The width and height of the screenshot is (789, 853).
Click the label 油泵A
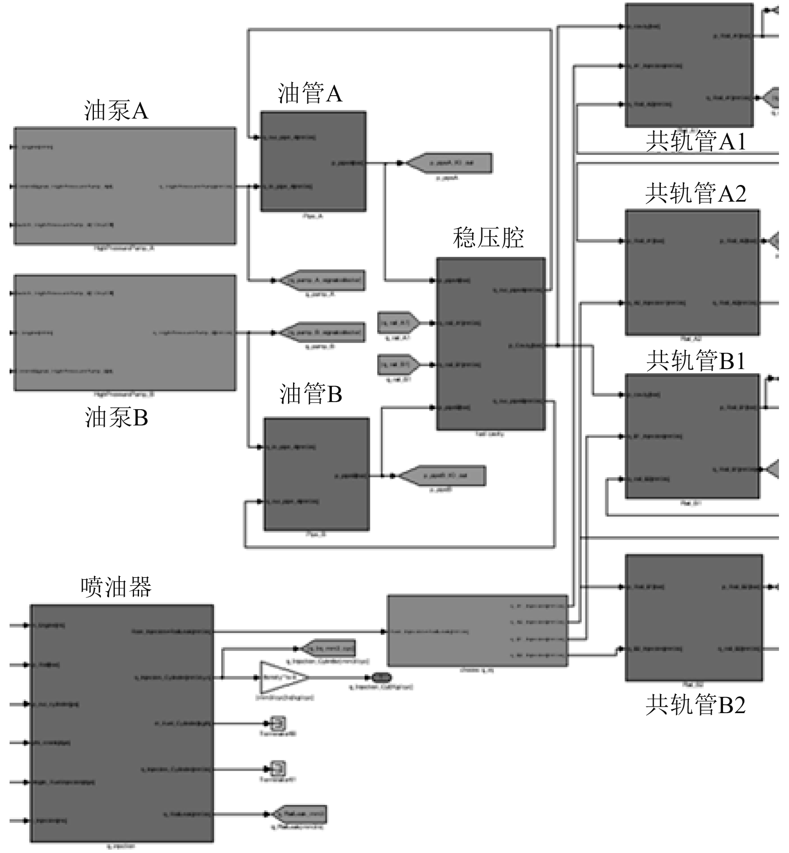(116, 111)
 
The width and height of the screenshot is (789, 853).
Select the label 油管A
(310, 93)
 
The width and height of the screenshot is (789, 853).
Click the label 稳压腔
(488, 238)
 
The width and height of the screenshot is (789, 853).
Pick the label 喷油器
(116, 587)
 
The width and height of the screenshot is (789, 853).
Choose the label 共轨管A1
(695, 141)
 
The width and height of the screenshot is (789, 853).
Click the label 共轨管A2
(695, 193)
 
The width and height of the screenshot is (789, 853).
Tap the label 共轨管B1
(695, 361)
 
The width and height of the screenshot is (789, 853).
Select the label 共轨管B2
(695, 704)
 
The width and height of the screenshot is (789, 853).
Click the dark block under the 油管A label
(314, 162)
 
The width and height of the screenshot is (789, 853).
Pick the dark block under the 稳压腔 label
(491, 344)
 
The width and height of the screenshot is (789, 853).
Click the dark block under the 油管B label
(316, 474)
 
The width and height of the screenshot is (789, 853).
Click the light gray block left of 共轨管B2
(477, 630)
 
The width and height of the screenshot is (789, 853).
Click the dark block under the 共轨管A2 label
(692, 272)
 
